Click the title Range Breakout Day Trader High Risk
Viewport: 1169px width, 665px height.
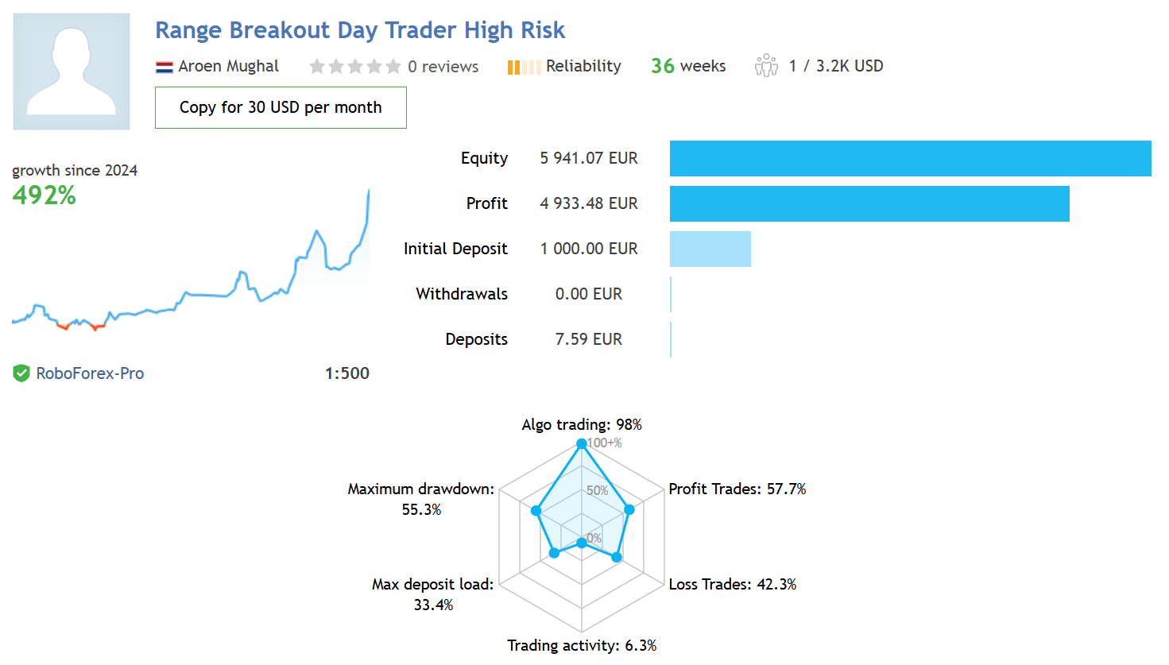click(x=360, y=30)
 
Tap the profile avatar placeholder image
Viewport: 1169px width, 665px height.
click(x=72, y=72)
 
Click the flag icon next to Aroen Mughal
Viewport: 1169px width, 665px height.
click(x=164, y=67)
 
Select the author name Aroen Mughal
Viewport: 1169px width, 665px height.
click(x=229, y=66)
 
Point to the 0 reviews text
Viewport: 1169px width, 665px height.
click(x=443, y=67)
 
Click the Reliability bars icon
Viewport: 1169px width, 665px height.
click(x=524, y=68)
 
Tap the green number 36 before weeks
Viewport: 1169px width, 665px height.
click(x=662, y=66)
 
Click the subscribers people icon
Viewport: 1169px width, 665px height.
click(x=766, y=66)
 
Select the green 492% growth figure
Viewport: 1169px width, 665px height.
click(x=45, y=195)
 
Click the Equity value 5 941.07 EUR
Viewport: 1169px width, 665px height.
click(x=589, y=158)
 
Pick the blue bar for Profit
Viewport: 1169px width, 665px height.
click(x=869, y=203)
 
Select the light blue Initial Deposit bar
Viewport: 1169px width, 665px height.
click(x=710, y=249)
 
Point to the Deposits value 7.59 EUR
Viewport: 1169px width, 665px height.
click(x=589, y=339)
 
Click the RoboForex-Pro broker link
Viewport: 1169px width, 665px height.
click(x=90, y=373)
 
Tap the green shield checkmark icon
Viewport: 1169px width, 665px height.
click(x=21, y=373)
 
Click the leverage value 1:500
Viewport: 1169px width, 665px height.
click(x=347, y=373)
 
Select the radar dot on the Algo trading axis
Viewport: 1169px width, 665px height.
click(x=582, y=443)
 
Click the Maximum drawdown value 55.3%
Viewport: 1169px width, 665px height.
click(x=422, y=509)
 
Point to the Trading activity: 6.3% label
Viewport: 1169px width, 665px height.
click(x=582, y=646)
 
